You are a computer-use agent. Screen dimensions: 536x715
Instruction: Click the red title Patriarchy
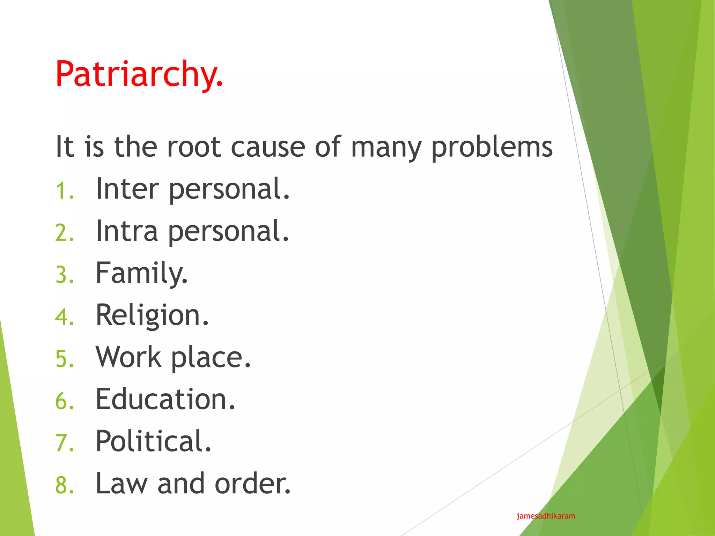(x=139, y=74)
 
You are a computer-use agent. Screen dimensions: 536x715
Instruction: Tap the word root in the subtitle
(x=194, y=147)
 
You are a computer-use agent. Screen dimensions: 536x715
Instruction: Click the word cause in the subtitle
(x=268, y=147)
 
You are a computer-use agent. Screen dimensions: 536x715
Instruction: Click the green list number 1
(x=65, y=191)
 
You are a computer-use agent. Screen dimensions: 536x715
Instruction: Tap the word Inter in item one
(x=127, y=189)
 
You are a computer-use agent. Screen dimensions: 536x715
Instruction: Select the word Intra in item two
(x=127, y=231)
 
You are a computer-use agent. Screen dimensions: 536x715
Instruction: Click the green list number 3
(x=65, y=275)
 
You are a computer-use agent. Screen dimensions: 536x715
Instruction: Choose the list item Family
(x=141, y=274)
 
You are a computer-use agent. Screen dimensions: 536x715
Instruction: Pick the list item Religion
(x=152, y=315)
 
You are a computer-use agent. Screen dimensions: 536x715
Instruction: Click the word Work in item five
(x=128, y=357)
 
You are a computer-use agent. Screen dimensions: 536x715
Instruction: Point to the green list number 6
(x=65, y=401)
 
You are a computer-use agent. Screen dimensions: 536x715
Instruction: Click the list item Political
(x=153, y=441)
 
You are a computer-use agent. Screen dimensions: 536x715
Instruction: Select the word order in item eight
(x=252, y=484)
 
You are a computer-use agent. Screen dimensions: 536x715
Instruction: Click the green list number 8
(x=65, y=485)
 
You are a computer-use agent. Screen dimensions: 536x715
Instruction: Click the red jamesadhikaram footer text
(x=546, y=516)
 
